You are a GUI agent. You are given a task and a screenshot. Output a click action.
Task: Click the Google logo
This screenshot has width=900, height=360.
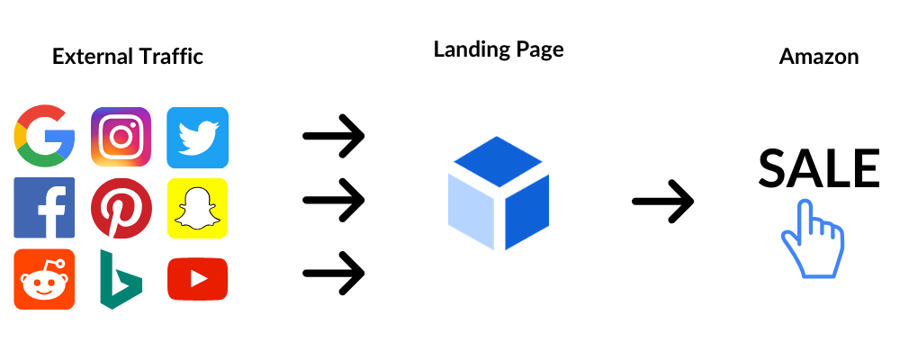click(x=44, y=138)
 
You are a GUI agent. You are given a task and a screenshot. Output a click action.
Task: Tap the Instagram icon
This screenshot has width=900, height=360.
click(x=121, y=138)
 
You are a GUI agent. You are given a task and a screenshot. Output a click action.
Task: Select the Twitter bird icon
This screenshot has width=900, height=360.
click(x=198, y=138)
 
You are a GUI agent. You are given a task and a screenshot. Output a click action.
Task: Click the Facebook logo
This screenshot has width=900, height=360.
click(x=44, y=207)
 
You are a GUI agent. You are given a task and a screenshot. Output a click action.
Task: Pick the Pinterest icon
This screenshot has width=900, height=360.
click(x=121, y=208)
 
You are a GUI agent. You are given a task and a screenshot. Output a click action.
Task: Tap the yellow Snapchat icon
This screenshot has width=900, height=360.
click(x=198, y=208)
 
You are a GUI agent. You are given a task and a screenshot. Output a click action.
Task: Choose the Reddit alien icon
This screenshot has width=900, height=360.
click(x=44, y=279)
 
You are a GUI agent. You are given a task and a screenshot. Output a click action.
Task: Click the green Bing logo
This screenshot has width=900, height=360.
click(x=120, y=279)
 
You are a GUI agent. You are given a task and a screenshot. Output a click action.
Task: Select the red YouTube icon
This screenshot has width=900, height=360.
click(x=198, y=279)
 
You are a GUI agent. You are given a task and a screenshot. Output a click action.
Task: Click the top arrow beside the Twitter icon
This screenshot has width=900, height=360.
click(x=333, y=137)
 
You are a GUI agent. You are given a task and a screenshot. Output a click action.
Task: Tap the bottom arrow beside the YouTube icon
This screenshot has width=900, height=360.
click(x=333, y=271)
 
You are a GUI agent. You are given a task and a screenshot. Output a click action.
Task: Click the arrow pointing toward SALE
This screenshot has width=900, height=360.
click(x=663, y=201)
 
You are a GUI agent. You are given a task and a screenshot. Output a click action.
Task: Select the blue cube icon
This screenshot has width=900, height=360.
click(x=498, y=193)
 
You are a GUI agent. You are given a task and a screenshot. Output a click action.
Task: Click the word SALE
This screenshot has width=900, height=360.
click(x=818, y=168)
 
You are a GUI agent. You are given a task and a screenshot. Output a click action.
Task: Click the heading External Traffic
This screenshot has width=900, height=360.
click(x=128, y=57)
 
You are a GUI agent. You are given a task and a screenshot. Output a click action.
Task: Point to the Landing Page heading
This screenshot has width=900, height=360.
click(x=499, y=49)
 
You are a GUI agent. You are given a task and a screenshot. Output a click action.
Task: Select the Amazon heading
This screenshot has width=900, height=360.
click(x=818, y=57)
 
